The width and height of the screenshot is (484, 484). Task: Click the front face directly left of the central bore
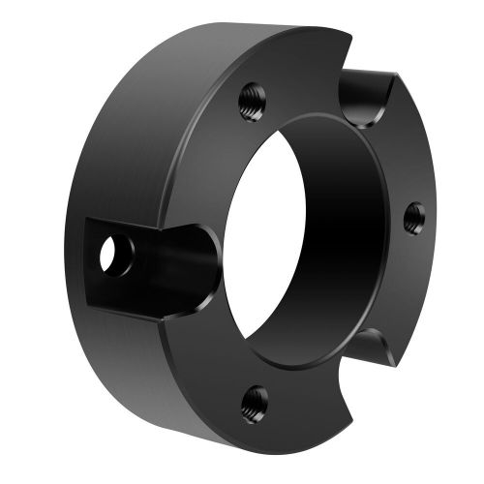click(x=208, y=194)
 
